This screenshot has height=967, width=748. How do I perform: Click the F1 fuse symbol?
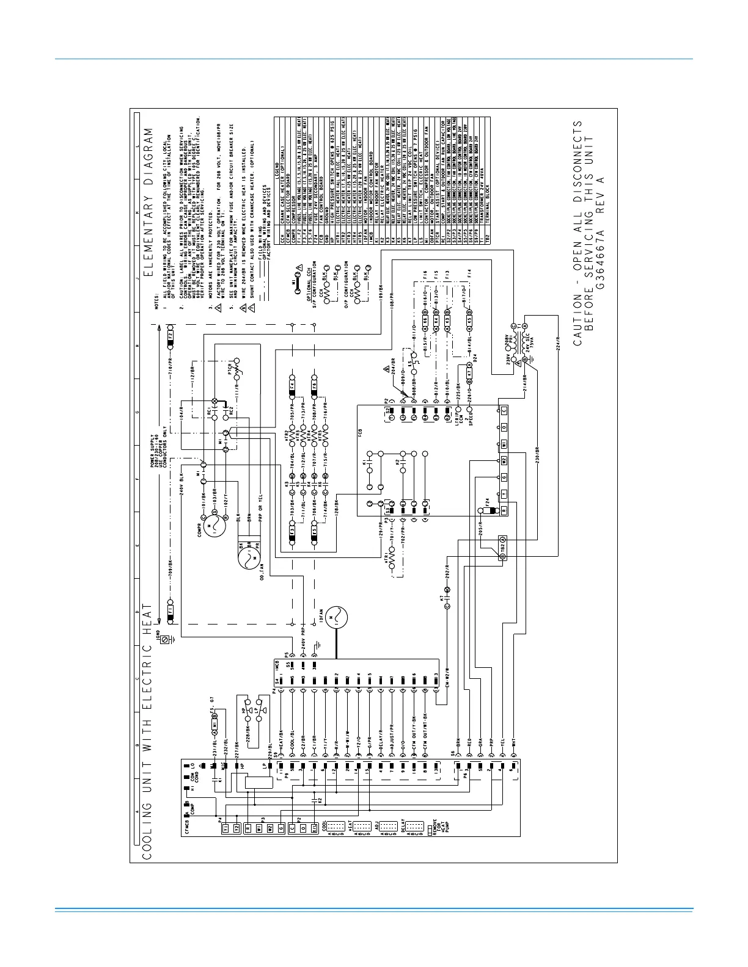pos(170,609)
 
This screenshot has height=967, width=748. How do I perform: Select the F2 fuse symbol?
pos(170,335)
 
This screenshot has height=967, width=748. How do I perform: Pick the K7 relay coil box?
pos(469,372)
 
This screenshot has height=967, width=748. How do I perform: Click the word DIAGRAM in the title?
pos(148,158)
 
